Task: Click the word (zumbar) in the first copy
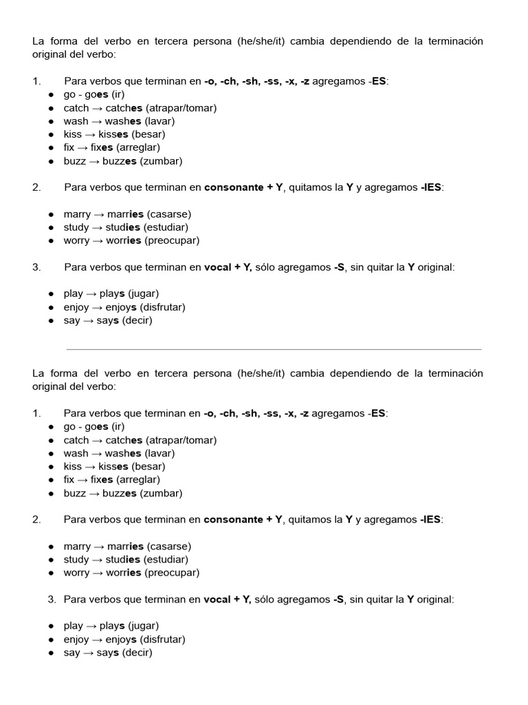[x=161, y=161]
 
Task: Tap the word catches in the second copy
[x=124, y=440]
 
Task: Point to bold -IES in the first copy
[x=432, y=187]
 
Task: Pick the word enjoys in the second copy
[x=121, y=640]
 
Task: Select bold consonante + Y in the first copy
[x=243, y=187]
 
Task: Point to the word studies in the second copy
[x=123, y=560]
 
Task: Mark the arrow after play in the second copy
[x=91, y=626]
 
